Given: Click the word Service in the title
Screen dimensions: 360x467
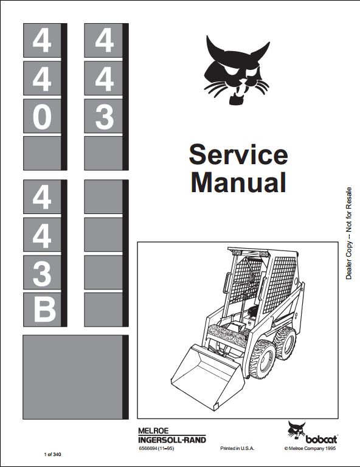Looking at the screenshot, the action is coord(238,154).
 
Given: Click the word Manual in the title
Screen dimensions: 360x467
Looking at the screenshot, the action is coord(238,182).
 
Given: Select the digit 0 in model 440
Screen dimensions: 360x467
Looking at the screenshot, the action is coord(42,117).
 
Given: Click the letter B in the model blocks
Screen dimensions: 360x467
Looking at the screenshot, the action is coord(44,311).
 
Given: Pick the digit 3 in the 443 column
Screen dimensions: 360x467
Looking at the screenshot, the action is coord(105,117).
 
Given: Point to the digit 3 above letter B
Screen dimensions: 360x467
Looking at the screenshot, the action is coord(42,274).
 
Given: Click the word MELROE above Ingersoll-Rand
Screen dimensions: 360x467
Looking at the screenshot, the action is coord(153,431).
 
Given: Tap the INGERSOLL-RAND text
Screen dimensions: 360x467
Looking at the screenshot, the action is coord(172,440).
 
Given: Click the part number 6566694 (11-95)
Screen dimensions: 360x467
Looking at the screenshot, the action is coord(156,448).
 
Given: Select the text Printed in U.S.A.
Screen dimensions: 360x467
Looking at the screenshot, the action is coord(237,448).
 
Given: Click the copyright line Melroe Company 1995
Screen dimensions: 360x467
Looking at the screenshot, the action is coord(310,449).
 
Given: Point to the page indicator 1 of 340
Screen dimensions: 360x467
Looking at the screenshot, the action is coord(52,454).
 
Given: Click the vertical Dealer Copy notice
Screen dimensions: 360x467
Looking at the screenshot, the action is coord(348,233).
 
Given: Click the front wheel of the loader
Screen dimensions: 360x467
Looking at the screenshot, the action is coord(263,359).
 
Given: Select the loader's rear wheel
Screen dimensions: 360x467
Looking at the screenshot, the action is coord(285,343).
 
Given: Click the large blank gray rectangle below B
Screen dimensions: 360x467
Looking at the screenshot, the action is coord(73,377).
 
